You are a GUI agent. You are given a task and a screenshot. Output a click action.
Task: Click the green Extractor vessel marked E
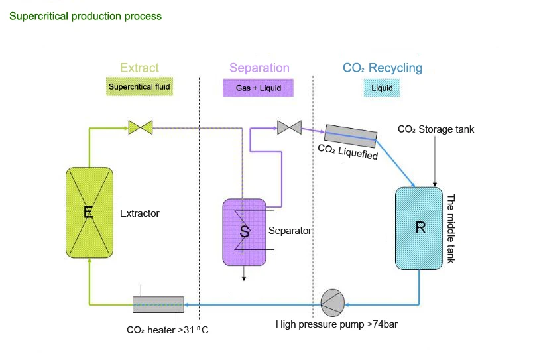[88, 213]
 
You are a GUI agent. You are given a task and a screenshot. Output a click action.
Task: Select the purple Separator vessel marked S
[244, 231]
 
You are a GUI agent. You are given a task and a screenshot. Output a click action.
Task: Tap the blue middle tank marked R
[419, 228]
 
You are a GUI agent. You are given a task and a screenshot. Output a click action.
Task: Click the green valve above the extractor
[141, 127]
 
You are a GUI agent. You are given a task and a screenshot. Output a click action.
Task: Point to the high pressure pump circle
[331, 304]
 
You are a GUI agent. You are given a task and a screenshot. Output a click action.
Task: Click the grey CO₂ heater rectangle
[158, 304]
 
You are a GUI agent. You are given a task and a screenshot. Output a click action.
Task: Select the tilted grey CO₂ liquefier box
[351, 137]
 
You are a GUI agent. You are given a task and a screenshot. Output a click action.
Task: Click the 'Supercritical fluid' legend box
[140, 87]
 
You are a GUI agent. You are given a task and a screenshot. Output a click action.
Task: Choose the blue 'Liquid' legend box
[383, 87]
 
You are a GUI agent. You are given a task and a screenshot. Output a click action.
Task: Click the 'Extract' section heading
[139, 68]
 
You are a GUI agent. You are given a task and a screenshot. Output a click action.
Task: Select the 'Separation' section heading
[259, 68]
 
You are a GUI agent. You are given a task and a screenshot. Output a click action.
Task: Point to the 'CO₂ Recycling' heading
[382, 68]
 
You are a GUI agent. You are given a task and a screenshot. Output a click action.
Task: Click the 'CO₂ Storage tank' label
[436, 129]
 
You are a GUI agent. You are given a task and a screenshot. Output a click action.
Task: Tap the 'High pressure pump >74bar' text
[337, 324]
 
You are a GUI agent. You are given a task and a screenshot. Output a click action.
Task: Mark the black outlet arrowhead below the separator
[244, 278]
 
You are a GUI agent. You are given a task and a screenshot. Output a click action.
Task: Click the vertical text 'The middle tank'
[451, 228]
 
